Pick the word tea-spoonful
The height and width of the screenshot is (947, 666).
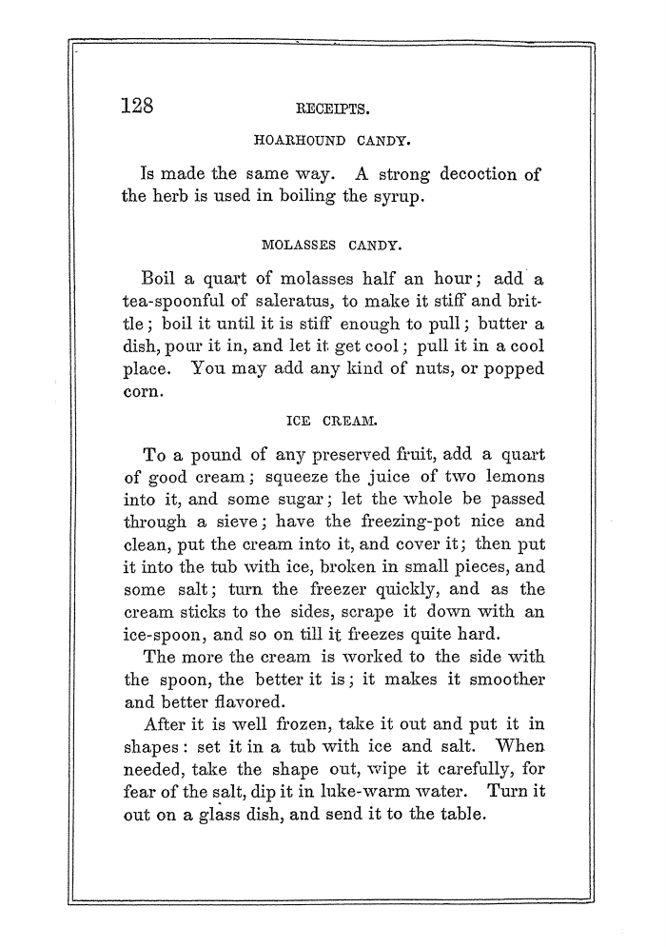click(x=172, y=301)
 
